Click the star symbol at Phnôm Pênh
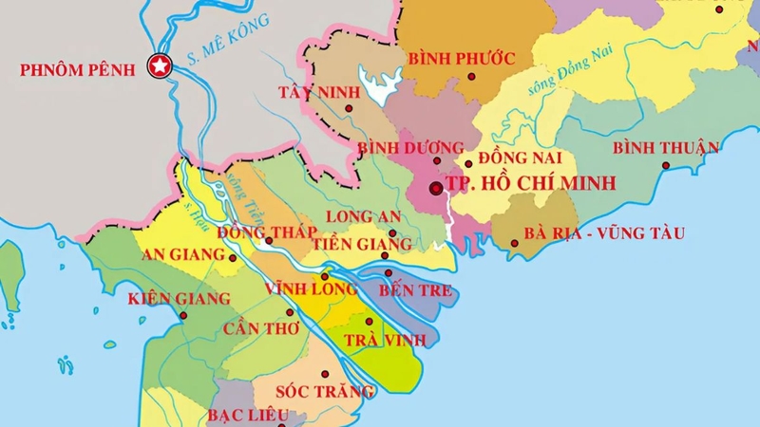pos(158,66)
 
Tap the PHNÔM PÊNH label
pos(77,68)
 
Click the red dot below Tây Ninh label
pos(351,109)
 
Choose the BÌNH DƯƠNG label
pos(410,148)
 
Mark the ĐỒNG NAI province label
pos(521,157)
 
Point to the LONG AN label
pos(363,217)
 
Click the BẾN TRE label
pos(415,290)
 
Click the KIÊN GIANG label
pos(179,298)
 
